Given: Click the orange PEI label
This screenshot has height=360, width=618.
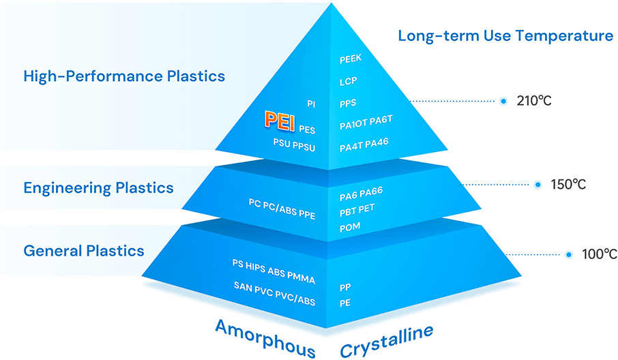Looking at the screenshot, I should [x=279, y=122].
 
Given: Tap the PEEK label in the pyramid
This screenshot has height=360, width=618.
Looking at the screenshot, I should [x=351, y=60].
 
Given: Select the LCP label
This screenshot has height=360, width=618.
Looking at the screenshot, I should [x=348, y=81].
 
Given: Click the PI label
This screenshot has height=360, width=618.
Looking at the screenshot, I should [x=311, y=104].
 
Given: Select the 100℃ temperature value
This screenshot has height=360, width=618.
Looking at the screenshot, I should [x=600, y=254].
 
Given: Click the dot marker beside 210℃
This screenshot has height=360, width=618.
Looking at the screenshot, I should [x=503, y=101].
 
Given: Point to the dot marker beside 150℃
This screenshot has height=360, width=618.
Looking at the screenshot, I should [x=538, y=184].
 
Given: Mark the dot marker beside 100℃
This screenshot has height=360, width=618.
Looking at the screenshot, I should [x=569, y=254].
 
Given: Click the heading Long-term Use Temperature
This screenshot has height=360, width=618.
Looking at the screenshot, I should [x=505, y=35].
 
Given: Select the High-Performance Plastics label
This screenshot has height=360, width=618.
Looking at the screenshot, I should [x=124, y=76].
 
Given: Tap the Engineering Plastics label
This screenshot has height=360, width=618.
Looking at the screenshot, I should [x=98, y=187].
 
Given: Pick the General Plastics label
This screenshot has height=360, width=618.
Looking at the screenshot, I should [x=84, y=250].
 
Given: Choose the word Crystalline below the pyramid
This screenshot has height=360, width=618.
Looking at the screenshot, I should [x=387, y=340].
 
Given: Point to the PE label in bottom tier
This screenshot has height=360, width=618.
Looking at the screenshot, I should [x=345, y=302].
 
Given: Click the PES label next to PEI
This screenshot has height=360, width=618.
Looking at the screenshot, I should [x=307, y=127].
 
